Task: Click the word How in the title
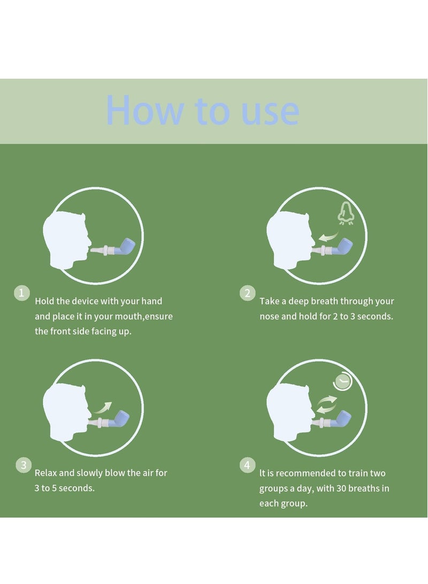pyautogui.click(x=145, y=110)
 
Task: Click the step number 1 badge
pyautogui.click(x=21, y=293)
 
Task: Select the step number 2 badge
pyautogui.click(x=248, y=293)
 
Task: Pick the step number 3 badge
pyautogui.click(x=24, y=465)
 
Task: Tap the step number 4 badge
pyautogui.click(x=248, y=465)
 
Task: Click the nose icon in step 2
pyautogui.click(x=346, y=214)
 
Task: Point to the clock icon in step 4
pyautogui.click(x=342, y=381)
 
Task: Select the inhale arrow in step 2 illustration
pyautogui.click(x=328, y=237)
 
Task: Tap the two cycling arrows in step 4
pyautogui.click(x=327, y=405)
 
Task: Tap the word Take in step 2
pyautogui.click(x=269, y=301)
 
